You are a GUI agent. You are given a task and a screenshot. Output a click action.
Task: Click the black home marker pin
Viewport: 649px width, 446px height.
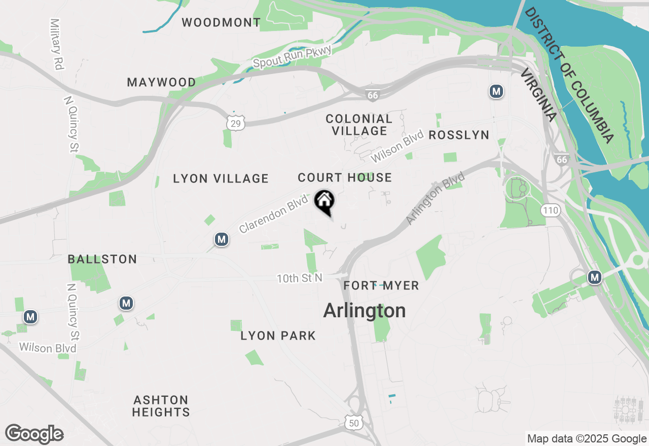(x=324, y=202)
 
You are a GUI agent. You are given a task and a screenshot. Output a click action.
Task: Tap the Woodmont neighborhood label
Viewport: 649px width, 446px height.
(x=221, y=22)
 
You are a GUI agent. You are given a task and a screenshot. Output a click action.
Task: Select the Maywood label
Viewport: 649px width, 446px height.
(x=161, y=82)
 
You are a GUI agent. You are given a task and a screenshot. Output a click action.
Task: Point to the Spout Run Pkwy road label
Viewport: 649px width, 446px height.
(x=292, y=57)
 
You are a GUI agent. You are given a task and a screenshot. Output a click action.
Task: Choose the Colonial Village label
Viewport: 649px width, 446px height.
(x=359, y=125)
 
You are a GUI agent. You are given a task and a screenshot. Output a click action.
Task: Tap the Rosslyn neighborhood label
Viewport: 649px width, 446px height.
(x=459, y=135)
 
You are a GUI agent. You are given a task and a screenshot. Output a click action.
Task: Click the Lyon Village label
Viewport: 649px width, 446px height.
(x=221, y=178)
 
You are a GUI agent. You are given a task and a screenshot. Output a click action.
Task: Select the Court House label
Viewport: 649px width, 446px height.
(x=345, y=177)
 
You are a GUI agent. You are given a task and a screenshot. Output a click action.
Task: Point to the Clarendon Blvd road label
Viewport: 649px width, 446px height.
(x=274, y=214)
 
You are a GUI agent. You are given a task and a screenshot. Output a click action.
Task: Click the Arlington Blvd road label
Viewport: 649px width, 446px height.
(x=436, y=198)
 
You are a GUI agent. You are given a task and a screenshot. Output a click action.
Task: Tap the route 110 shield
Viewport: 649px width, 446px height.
(x=550, y=210)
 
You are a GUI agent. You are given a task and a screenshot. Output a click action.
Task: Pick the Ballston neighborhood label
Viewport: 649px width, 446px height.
(x=102, y=259)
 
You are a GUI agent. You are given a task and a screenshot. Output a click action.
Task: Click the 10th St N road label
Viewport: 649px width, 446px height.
(x=299, y=278)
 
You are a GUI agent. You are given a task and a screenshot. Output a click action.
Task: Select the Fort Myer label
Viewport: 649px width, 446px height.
(x=381, y=286)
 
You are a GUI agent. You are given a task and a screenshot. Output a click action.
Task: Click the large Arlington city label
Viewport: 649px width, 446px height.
(x=365, y=311)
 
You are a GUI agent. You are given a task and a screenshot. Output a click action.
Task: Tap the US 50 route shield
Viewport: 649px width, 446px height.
(x=354, y=422)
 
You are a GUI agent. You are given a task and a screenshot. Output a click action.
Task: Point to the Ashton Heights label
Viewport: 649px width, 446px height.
(x=161, y=406)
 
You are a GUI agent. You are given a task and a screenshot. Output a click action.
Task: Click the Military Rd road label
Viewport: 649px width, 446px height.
(x=56, y=44)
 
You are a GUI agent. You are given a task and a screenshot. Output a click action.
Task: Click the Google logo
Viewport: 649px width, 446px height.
(x=34, y=434)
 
